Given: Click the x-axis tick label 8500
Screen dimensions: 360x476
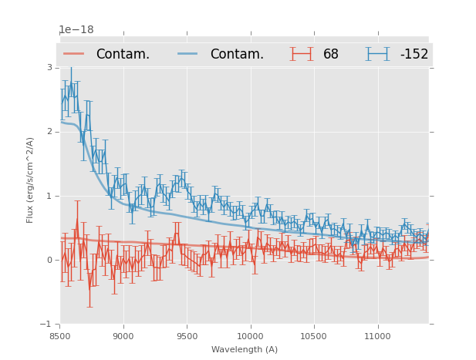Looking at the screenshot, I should click(x=60, y=336).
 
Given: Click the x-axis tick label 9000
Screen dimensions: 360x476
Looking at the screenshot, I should click(x=123, y=336).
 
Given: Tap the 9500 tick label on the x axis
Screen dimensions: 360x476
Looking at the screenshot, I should click(x=187, y=336).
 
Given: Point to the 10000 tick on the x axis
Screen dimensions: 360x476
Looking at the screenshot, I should click(x=250, y=336).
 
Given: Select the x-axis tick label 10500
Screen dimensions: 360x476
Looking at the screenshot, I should click(x=314, y=336).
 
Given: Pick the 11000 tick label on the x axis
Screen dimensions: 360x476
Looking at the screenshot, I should click(x=377, y=336).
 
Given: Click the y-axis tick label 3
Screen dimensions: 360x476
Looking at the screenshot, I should click(x=49, y=67).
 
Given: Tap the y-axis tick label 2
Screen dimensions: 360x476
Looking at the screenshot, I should click(x=49, y=132).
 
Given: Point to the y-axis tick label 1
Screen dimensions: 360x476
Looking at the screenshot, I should click(x=49, y=196).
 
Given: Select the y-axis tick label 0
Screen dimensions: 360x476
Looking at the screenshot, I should click(x=49, y=260).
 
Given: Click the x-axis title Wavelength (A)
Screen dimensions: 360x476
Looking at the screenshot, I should click(x=245, y=349).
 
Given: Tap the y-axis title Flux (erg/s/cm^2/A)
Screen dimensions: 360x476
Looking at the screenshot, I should click(x=31, y=180).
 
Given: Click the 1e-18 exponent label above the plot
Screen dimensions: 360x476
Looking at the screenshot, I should click(x=76, y=31).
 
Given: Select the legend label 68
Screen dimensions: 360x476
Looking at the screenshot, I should click(x=331, y=55).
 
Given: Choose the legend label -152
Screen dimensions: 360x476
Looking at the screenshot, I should click(x=414, y=55).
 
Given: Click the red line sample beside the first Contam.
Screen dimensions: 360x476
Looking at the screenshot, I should click(x=74, y=54).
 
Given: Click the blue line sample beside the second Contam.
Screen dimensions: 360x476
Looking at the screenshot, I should click(x=188, y=54).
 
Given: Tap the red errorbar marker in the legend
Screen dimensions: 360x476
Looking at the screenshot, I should click(x=302, y=54).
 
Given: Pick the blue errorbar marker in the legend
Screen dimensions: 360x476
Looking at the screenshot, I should click(x=378, y=54).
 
